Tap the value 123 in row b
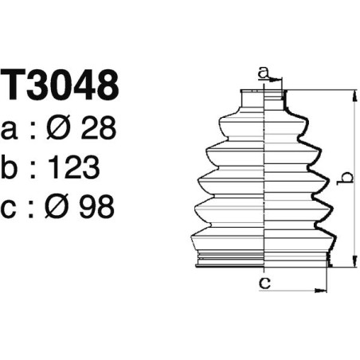tap(72, 166)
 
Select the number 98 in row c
tap(96, 206)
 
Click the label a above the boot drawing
tap(263, 73)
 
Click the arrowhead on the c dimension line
tap(323, 288)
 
